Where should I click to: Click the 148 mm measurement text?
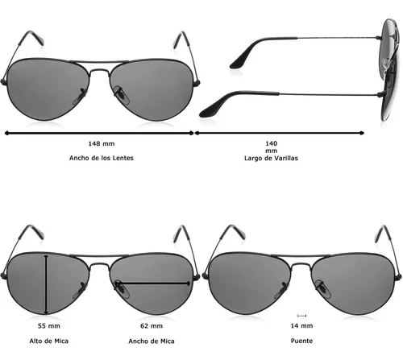coord(102,143)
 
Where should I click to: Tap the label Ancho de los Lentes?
coord(102,158)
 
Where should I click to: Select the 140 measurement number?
coord(272,143)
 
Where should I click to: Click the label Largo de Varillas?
coord(271,158)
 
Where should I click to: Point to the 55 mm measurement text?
coord(49,326)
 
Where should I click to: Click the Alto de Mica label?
coord(49,341)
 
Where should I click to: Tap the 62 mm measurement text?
coord(152,326)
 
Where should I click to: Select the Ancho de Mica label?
coord(152,341)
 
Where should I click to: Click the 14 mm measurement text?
coord(301,325)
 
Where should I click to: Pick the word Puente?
coord(301,341)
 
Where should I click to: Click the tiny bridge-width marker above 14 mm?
coord(301,316)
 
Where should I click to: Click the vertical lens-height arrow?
coord(46,284)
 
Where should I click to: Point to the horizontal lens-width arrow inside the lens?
coord(152,283)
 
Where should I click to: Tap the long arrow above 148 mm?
coord(99,133)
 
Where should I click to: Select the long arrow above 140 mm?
coord(280,133)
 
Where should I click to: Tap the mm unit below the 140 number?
coord(272,151)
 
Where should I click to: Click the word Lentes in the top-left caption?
coord(123,158)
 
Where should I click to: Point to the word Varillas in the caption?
coord(286,158)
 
